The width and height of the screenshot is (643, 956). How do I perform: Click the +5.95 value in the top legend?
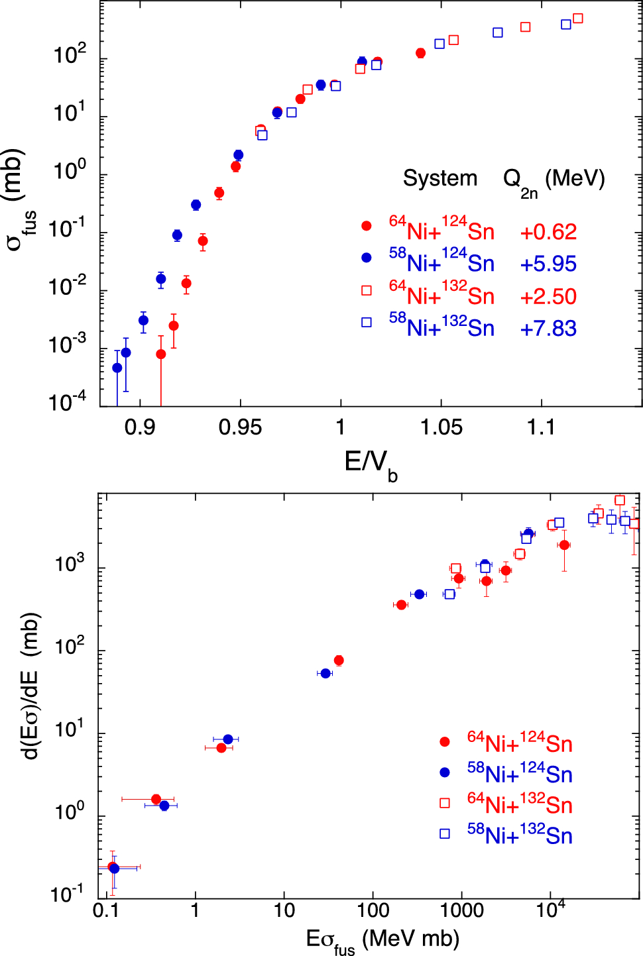pyautogui.click(x=548, y=264)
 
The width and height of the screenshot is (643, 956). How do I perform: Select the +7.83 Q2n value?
pyautogui.click(x=548, y=329)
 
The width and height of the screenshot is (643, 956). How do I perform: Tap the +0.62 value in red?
pyautogui.click(x=548, y=232)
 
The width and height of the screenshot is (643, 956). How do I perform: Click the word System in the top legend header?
pyautogui.click(x=440, y=178)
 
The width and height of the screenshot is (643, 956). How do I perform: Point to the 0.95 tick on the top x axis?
pyautogui.click(x=240, y=427)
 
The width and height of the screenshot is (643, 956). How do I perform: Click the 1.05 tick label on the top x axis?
pyautogui.click(x=441, y=427)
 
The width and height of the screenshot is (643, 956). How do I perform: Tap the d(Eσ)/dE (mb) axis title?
pyautogui.click(x=31, y=686)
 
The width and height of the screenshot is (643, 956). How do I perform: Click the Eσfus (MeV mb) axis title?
pyautogui.click(x=382, y=939)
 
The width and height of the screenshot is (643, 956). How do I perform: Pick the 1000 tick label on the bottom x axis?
pyautogui.click(x=461, y=910)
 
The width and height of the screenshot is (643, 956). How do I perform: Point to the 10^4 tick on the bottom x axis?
pyautogui.click(x=550, y=909)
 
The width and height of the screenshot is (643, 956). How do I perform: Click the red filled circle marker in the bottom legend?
pyautogui.click(x=445, y=742)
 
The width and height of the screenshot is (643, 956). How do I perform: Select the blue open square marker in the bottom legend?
pyautogui.click(x=445, y=833)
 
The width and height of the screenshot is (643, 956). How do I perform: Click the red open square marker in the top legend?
pyautogui.click(x=367, y=290)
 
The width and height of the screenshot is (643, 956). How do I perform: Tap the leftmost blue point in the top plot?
pyautogui.click(x=117, y=368)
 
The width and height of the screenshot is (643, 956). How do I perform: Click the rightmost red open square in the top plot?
pyautogui.click(x=577, y=19)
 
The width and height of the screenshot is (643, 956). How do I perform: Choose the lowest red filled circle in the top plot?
pyautogui.click(x=161, y=354)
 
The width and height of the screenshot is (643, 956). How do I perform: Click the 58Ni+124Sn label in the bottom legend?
pyautogui.click(x=519, y=773)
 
